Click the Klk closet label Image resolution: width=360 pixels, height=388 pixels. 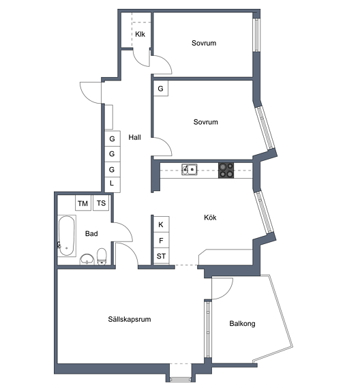[x=140, y=34]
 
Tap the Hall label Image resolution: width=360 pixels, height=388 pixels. [x=134, y=137]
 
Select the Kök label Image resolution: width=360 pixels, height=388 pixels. [x=210, y=218]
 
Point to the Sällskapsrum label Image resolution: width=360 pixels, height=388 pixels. [x=130, y=319]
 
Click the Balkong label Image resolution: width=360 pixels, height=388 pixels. [x=242, y=324]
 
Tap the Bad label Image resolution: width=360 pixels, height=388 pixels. [x=91, y=234]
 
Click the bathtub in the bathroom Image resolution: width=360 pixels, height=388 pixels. [x=67, y=236]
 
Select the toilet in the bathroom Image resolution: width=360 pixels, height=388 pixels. [x=102, y=257]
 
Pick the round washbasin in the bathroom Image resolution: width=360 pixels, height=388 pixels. [x=87, y=260]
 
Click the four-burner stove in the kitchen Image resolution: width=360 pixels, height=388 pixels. [x=226, y=170]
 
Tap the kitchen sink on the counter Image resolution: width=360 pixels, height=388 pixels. [x=190, y=170]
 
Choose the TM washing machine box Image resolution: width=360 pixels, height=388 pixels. [x=83, y=203]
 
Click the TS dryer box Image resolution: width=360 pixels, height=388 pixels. [x=101, y=203]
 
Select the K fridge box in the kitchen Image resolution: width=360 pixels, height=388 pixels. [x=162, y=224]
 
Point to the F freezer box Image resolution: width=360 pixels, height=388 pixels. [x=162, y=240]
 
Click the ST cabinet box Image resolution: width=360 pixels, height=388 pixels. [x=162, y=256]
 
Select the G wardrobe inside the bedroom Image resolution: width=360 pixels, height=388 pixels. [x=161, y=89]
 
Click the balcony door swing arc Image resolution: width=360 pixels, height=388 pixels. [x=227, y=293]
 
